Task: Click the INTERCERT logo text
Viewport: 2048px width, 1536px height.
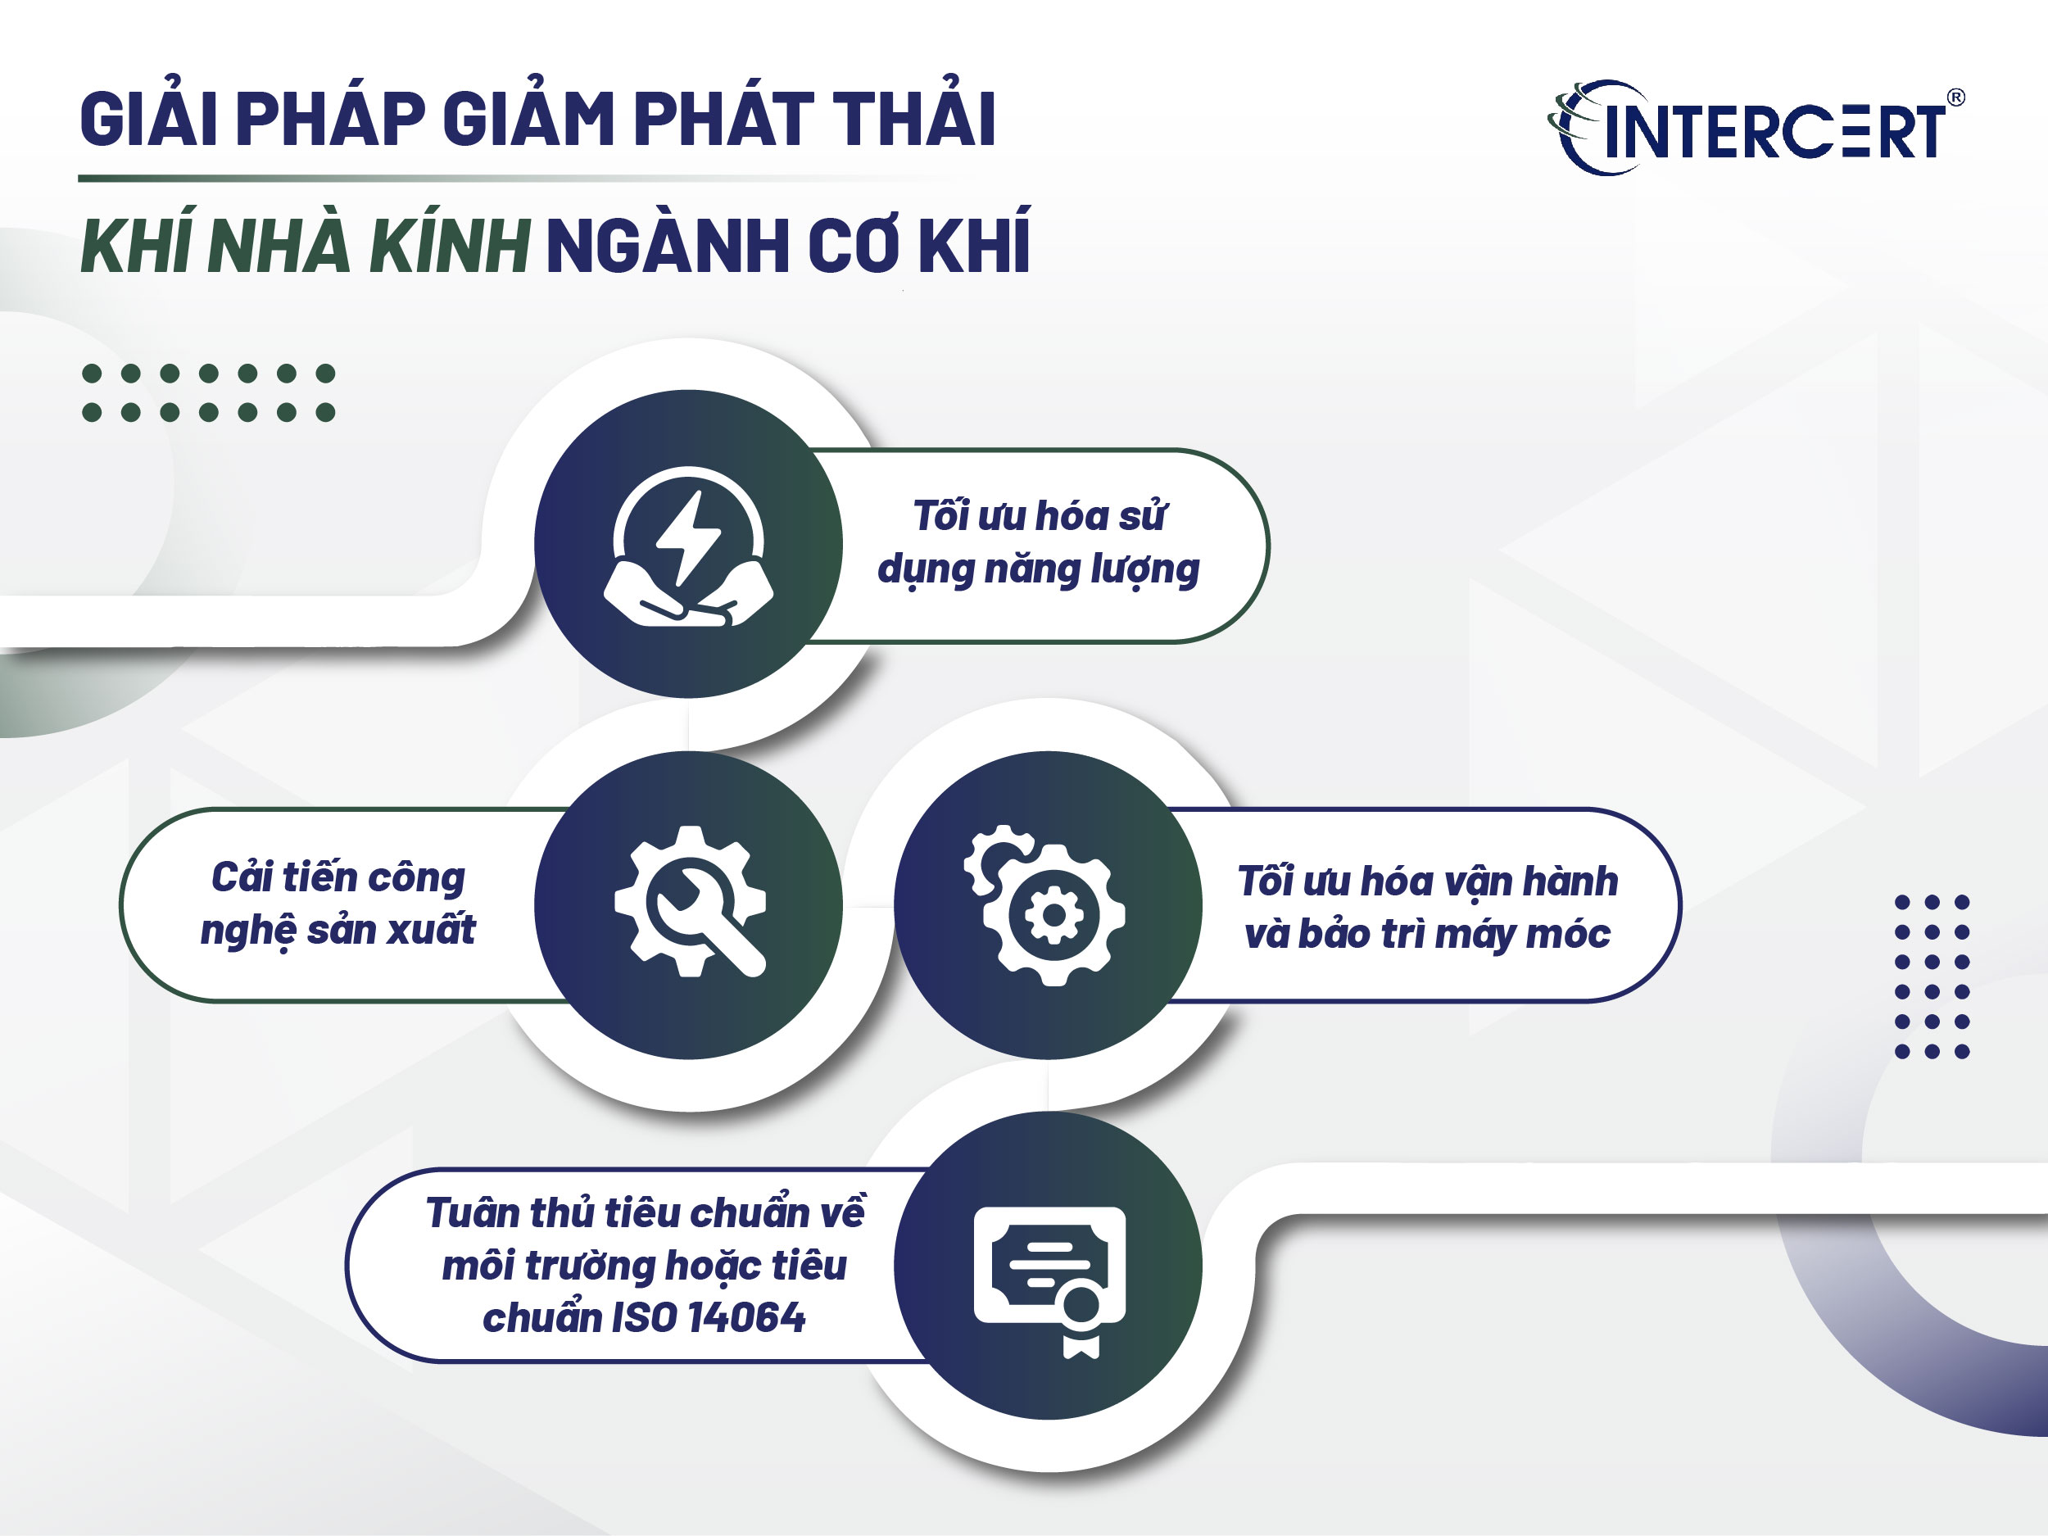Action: pyautogui.click(x=1773, y=131)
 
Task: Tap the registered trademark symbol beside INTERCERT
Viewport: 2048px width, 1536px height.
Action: pyautogui.click(x=1956, y=97)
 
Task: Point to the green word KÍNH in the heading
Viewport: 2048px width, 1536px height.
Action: pyautogui.click(x=450, y=247)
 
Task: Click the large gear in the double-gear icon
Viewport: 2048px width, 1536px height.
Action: pyautogui.click(x=1053, y=916)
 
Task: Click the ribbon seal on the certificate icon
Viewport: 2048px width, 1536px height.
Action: pyautogui.click(x=1081, y=1320)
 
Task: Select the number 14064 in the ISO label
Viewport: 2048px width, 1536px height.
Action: pyautogui.click(x=746, y=1317)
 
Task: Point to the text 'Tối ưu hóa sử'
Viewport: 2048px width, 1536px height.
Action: pyautogui.click(x=1039, y=516)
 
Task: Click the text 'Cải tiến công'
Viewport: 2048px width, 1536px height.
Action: pyautogui.click(x=338, y=877)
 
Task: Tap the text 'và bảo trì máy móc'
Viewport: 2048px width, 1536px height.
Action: pyautogui.click(x=1427, y=933)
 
